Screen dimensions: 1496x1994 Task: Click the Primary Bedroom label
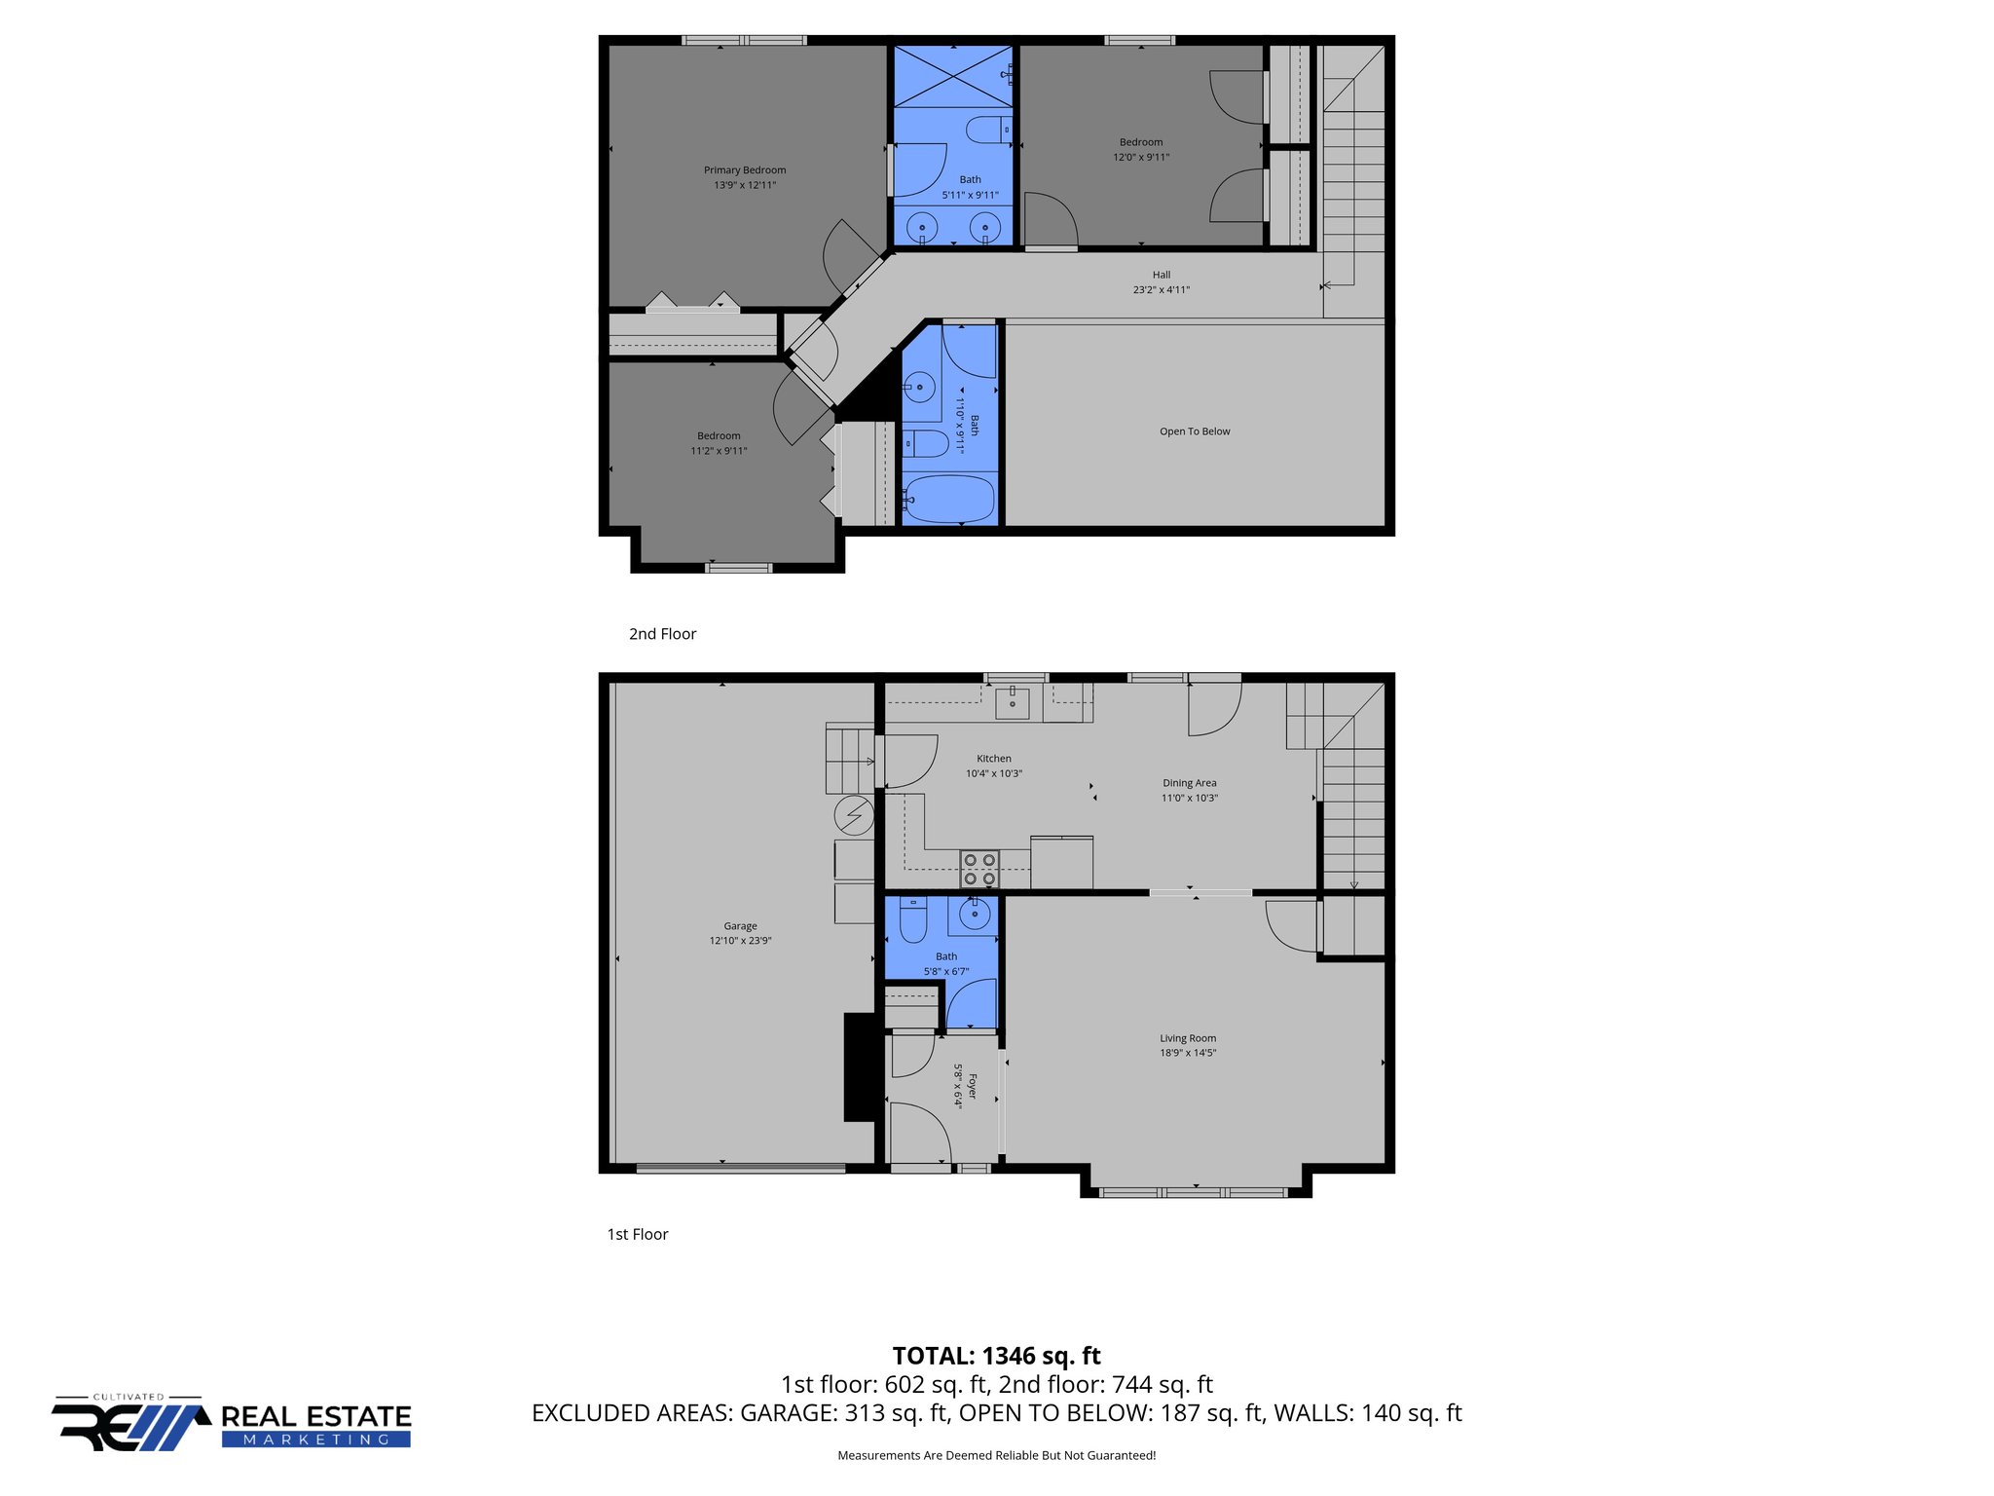(x=745, y=170)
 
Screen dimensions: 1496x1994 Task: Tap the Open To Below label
(x=1195, y=431)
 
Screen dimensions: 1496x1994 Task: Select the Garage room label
(x=740, y=926)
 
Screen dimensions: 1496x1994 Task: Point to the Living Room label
(x=1188, y=1038)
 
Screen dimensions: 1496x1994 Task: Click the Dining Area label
(x=1189, y=783)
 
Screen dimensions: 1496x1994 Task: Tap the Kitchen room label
(x=994, y=759)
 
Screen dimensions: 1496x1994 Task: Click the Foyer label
(x=972, y=1086)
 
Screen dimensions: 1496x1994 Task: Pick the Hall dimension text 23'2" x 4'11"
(x=1161, y=289)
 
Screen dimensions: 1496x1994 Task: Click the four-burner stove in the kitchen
(x=979, y=869)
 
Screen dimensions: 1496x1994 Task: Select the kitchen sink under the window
(x=1013, y=701)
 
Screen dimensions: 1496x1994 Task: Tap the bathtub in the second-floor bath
(x=948, y=499)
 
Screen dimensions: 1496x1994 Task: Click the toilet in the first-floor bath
(x=912, y=919)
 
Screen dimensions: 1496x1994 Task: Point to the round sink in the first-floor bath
(x=974, y=915)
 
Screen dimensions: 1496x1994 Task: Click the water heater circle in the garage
(x=854, y=814)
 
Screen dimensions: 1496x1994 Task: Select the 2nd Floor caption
(x=662, y=634)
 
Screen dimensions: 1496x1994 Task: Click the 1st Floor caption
(x=638, y=1234)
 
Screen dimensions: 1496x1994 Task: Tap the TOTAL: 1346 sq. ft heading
(x=996, y=1356)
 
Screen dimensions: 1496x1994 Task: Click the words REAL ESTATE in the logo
(x=316, y=1416)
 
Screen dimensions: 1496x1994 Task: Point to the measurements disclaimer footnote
(x=996, y=1455)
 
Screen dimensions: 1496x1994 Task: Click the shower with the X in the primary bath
(x=952, y=76)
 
